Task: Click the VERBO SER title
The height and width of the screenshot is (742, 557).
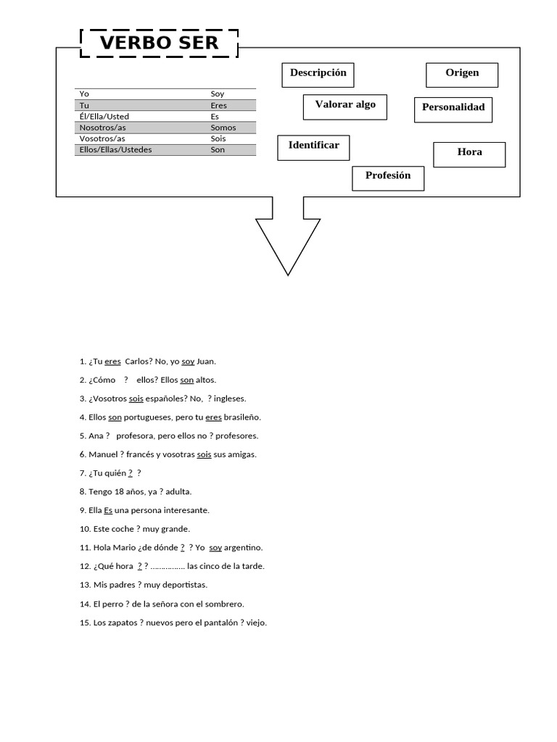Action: point(159,43)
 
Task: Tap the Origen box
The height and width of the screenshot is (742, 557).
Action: point(462,74)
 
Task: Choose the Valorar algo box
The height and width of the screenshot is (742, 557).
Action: point(344,106)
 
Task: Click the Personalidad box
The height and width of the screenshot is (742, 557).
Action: point(453,109)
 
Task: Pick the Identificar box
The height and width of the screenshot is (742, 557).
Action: point(313,146)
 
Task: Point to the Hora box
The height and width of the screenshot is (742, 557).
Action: point(469,153)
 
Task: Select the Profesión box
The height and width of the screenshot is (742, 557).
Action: point(388,177)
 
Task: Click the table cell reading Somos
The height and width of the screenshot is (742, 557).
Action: point(223,128)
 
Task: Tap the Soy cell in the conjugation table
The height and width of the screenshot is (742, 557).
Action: point(218,94)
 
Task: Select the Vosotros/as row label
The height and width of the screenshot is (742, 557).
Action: point(102,138)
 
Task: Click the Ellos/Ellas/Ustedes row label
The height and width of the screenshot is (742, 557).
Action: point(115,150)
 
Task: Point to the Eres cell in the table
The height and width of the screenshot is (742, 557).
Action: point(218,106)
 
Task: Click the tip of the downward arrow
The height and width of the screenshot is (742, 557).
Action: point(288,273)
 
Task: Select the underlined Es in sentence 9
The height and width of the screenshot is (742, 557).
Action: point(108,510)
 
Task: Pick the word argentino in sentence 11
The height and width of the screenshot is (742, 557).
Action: point(244,548)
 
